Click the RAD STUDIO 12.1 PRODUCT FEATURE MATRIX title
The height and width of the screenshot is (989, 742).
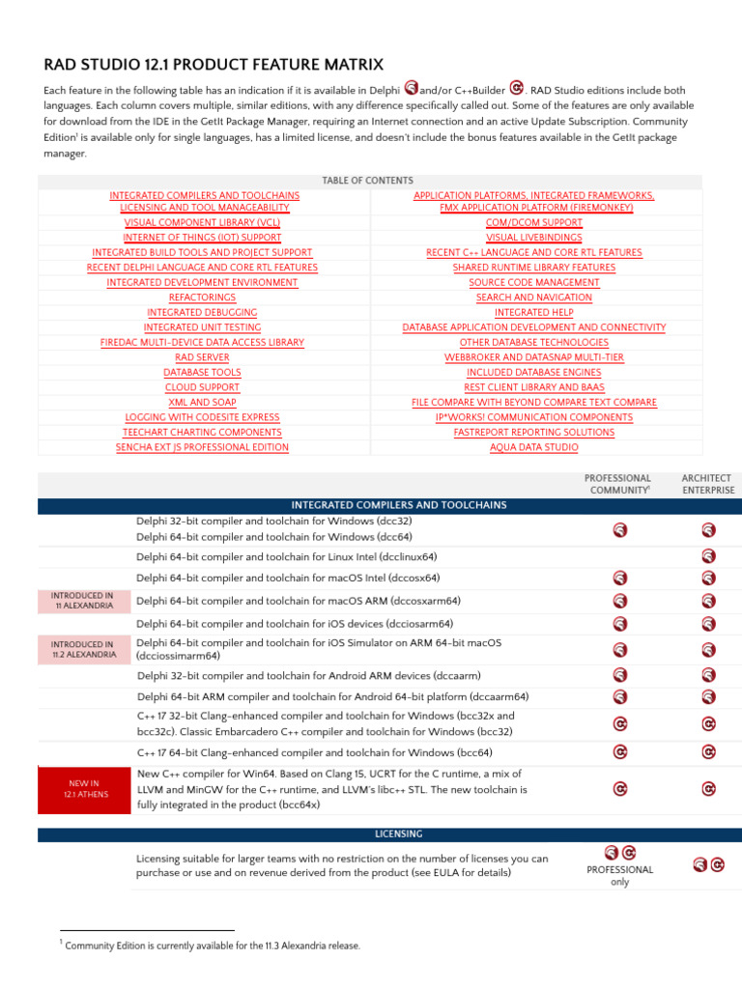(x=214, y=65)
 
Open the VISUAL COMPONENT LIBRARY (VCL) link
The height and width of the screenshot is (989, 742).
(x=202, y=222)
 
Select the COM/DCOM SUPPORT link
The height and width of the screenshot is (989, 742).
(x=533, y=222)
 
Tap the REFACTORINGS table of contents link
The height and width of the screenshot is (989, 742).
(x=202, y=297)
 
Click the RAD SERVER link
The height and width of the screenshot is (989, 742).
(x=202, y=357)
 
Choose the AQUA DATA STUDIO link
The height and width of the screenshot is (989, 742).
(x=533, y=447)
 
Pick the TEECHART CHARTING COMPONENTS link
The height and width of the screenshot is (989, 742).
(x=202, y=433)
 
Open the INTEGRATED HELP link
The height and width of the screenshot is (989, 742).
(x=533, y=313)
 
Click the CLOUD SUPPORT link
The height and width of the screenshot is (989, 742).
(x=202, y=387)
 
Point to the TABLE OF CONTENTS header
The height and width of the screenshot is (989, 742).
(x=367, y=181)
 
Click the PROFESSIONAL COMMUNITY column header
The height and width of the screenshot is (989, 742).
(x=618, y=484)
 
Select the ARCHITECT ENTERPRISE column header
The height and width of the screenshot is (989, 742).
(x=707, y=484)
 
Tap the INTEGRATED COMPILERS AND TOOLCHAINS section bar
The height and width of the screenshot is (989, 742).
(x=385, y=505)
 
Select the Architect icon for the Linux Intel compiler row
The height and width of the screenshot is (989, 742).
(x=708, y=556)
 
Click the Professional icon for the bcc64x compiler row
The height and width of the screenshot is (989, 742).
(x=620, y=789)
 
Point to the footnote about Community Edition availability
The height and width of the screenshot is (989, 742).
(x=212, y=946)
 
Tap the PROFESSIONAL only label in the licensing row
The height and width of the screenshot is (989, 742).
(x=619, y=875)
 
